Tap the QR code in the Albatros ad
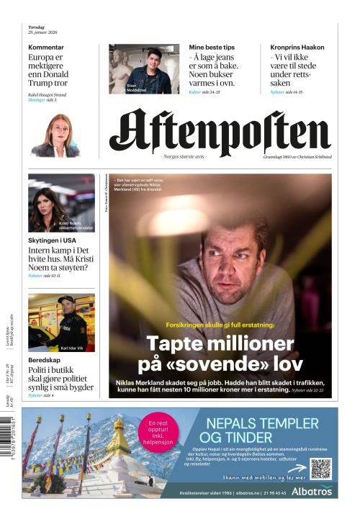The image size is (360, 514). pos(320,469)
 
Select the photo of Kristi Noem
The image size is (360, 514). pos(61,202)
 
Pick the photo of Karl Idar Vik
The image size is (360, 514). pos(61,323)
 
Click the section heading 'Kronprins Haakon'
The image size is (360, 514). pos(297,48)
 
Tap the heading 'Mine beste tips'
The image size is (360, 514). pos(212,48)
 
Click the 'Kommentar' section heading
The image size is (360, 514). pos(45,48)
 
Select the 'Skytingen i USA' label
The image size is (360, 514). pos(53,239)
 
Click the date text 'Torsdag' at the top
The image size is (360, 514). pos(37,27)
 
